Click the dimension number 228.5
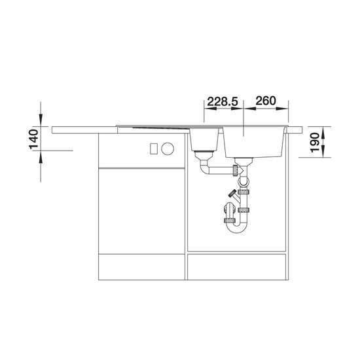point(223,101)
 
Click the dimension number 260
point(266,101)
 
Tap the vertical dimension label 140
point(34,139)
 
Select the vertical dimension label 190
point(315,142)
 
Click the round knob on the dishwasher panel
point(168,149)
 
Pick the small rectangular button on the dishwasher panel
point(154,149)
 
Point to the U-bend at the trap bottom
point(236,226)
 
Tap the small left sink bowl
point(204,139)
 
